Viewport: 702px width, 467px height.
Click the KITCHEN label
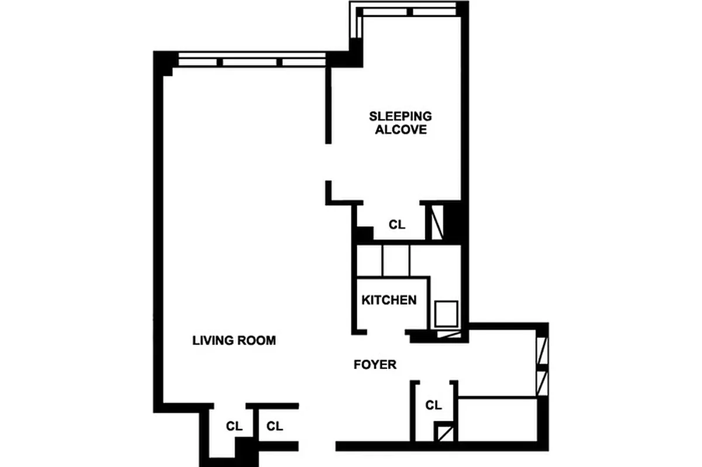pos(389,300)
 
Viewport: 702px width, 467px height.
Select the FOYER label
pos(375,365)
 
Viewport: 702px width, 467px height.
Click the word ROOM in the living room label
pos(255,340)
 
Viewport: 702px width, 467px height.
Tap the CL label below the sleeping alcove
pos(397,225)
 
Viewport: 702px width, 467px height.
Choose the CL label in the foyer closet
pos(433,405)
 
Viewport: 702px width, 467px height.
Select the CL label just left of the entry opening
pos(274,426)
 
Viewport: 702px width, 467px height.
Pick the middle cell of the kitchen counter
pos(397,260)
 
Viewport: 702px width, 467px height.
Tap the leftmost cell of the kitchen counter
pos(369,260)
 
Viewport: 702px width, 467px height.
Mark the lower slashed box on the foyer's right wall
pos(541,384)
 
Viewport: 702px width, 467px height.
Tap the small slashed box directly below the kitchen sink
pos(447,335)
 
